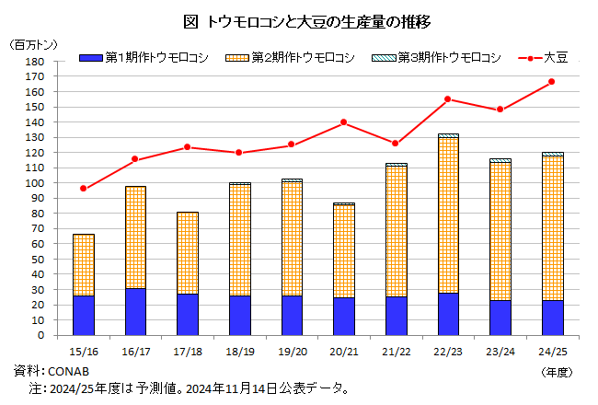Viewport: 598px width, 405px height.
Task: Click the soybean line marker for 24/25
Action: tap(552, 82)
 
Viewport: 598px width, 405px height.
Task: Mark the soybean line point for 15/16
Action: tap(84, 189)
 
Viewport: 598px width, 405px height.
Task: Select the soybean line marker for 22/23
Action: tap(448, 99)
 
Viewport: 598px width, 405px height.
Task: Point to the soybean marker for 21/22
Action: tap(396, 144)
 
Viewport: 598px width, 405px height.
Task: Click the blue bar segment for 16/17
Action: tap(135, 311)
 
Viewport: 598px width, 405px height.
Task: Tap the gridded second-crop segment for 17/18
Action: tap(188, 253)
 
